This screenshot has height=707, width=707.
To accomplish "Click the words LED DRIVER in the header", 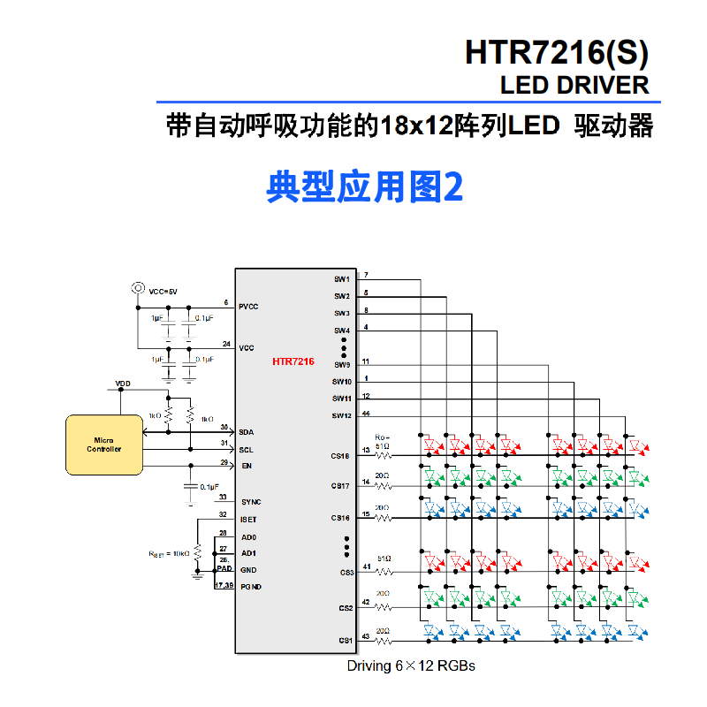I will pyautogui.click(x=574, y=86).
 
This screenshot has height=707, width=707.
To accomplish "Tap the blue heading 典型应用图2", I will pyautogui.click(x=364, y=186).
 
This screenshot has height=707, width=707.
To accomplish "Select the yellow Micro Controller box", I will pyautogui.click(x=103, y=444).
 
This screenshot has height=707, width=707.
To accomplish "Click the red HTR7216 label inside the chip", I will pyautogui.click(x=293, y=361).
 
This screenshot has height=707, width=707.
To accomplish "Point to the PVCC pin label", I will pyautogui.click(x=248, y=307).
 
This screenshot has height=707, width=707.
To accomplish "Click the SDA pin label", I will pyautogui.click(x=247, y=431).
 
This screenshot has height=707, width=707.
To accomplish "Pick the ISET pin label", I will pyautogui.click(x=247, y=520).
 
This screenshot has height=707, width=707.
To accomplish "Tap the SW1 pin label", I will pyautogui.click(x=342, y=279).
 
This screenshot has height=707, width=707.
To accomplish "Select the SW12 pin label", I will pyautogui.click(x=342, y=415).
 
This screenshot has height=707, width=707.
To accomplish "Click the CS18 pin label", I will pyautogui.click(x=340, y=456).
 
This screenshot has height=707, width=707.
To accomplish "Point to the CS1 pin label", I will pyautogui.click(x=345, y=641).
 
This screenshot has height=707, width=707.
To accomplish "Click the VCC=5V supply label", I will pyautogui.click(x=163, y=291).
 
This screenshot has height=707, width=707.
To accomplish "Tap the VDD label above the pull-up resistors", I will pyautogui.click(x=123, y=384).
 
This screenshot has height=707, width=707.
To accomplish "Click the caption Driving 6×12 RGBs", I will pyautogui.click(x=410, y=665).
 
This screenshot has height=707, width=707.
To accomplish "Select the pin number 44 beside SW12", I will pyautogui.click(x=366, y=413).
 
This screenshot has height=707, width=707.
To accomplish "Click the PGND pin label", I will pyautogui.click(x=250, y=587).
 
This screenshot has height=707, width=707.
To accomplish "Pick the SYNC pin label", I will pyautogui.click(x=251, y=502).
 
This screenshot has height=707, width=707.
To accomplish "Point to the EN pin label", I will pyautogui.click(x=247, y=465).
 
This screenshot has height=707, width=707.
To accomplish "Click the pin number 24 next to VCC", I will pyautogui.click(x=226, y=344).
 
